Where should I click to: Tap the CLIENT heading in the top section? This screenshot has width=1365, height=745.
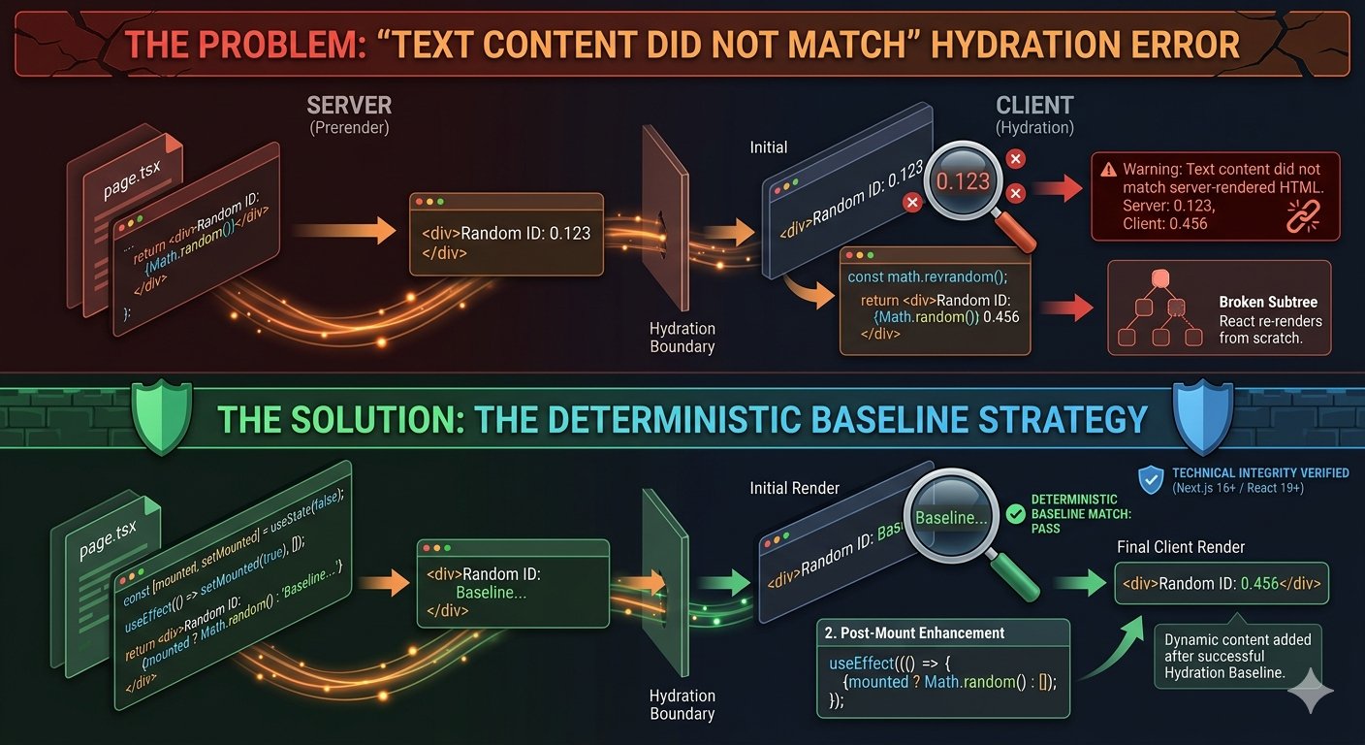click(1035, 104)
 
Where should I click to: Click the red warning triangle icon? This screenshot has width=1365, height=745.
click(1108, 168)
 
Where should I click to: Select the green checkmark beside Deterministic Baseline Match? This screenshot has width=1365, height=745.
click(1016, 514)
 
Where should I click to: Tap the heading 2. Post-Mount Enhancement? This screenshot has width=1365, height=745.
click(913, 633)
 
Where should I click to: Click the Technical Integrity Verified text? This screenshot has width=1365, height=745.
click(1259, 473)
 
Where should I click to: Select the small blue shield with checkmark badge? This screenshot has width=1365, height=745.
click(1150, 477)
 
